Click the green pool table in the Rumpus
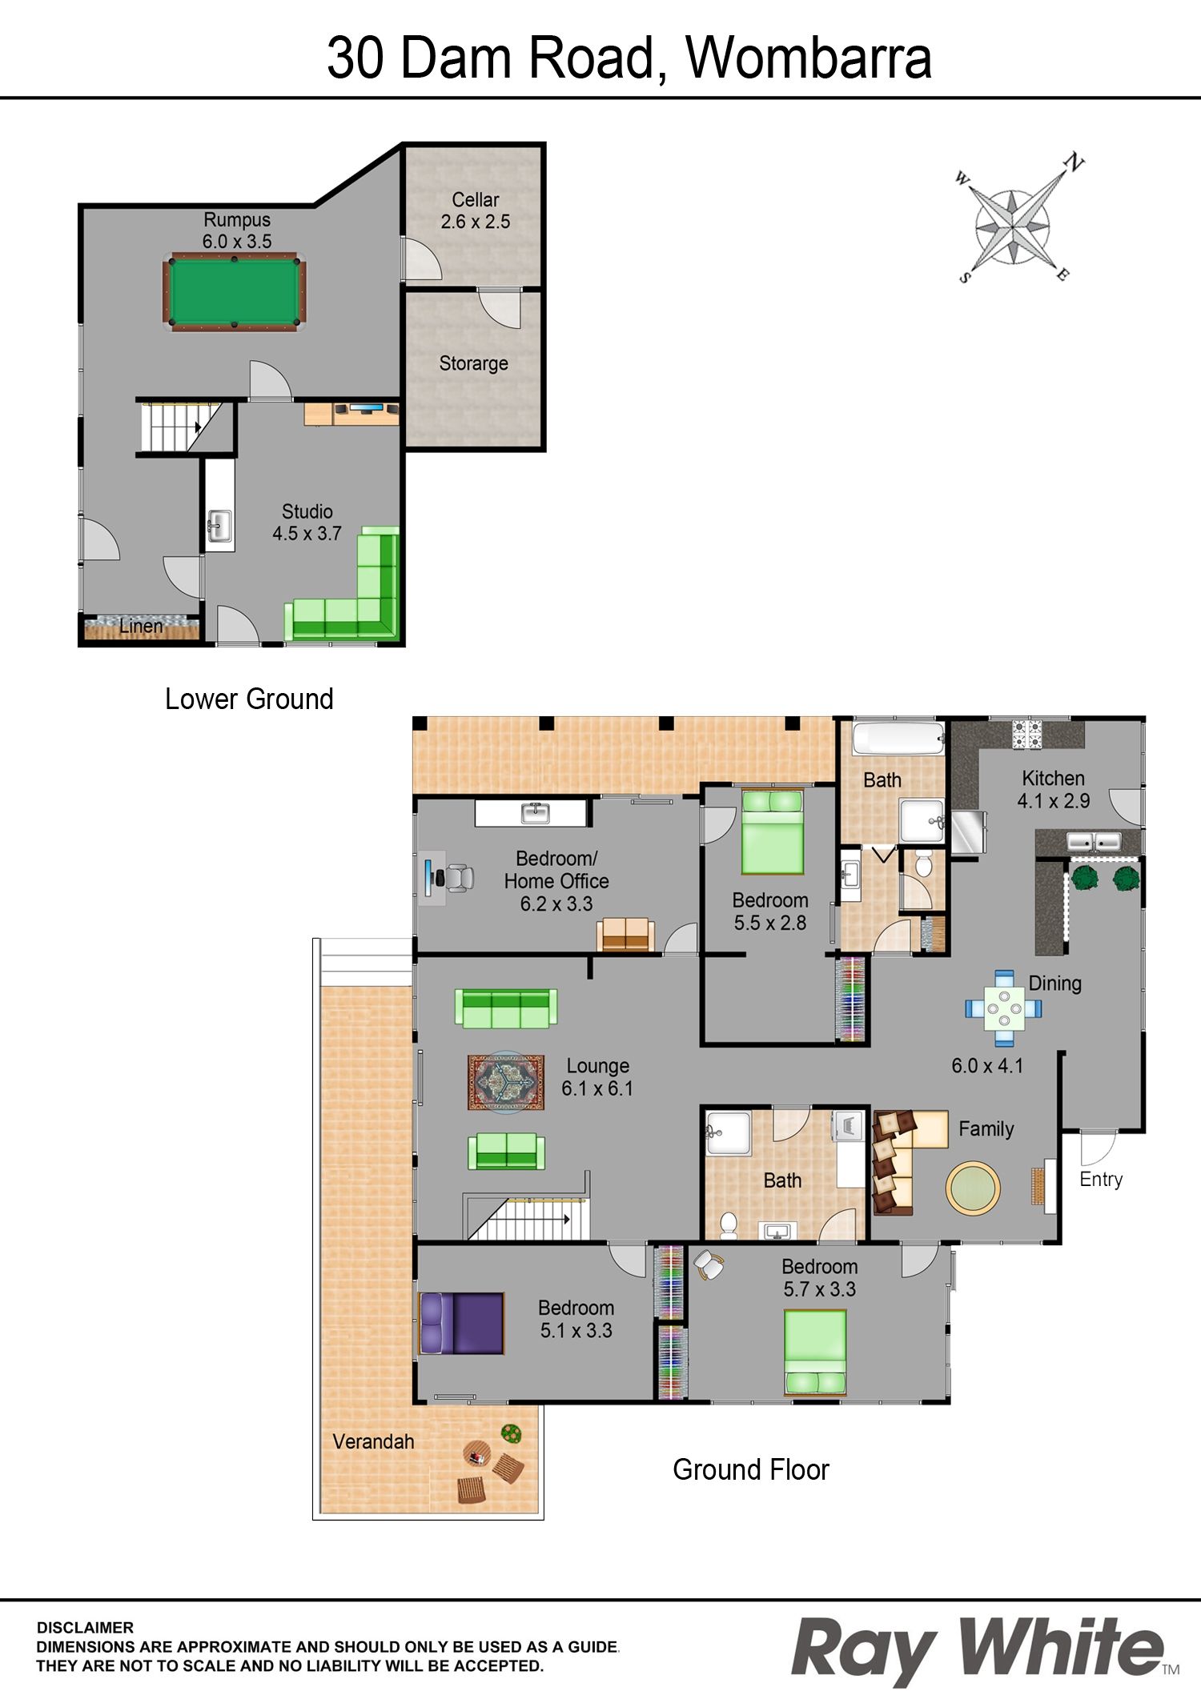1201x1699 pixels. tap(234, 291)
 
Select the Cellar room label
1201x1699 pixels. tap(476, 199)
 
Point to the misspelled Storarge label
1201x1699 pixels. tap(474, 363)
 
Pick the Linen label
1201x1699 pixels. tap(141, 627)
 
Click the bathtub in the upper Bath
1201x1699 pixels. tap(898, 739)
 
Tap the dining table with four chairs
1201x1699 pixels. tap(1003, 1008)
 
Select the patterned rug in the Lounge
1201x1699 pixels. tap(506, 1082)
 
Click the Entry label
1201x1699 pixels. tap(1101, 1179)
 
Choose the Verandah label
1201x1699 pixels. tap(373, 1441)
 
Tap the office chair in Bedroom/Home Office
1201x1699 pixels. tap(459, 878)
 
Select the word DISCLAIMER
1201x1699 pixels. tap(85, 1628)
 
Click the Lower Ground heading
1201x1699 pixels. tap(249, 699)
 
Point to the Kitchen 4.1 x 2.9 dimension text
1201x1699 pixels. tap(1054, 801)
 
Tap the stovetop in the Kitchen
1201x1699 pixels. tap(1028, 734)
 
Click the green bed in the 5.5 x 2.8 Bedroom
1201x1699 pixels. tap(773, 831)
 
